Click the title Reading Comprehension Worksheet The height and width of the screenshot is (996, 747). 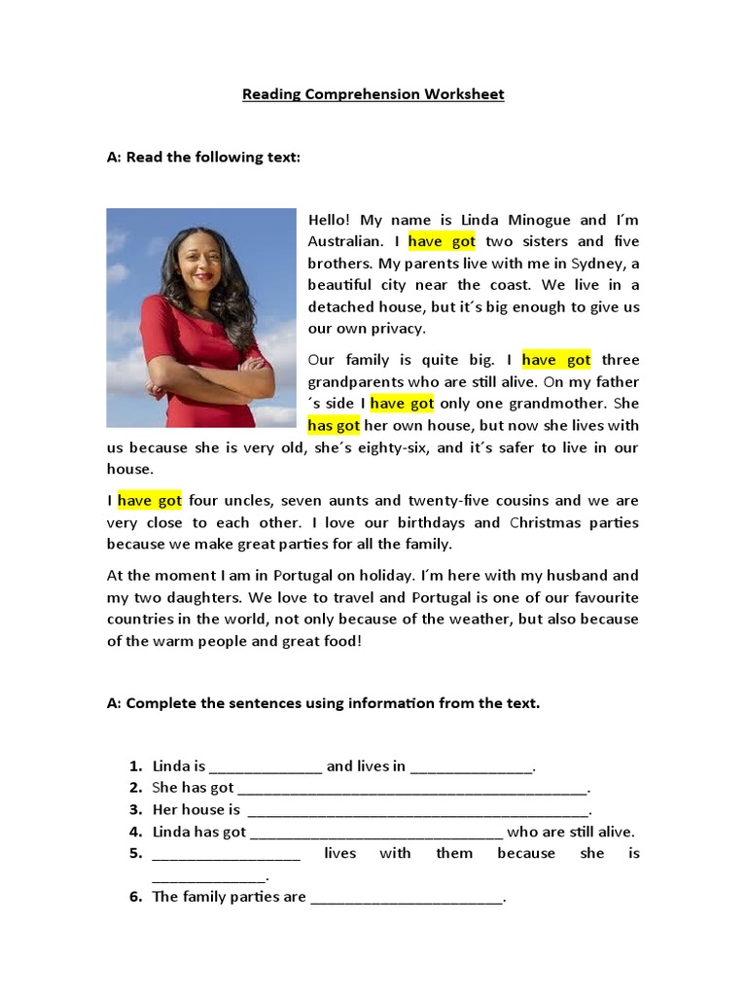pyautogui.click(x=373, y=94)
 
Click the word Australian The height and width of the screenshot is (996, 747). pyautogui.click(x=345, y=241)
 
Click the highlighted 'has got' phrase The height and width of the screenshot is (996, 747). pyautogui.click(x=334, y=425)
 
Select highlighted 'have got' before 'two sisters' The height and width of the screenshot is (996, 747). pyautogui.click(x=442, y=241)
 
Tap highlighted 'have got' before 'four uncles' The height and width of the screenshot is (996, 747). pyautogui.click(x=150, y=501)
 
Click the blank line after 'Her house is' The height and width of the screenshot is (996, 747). pyautogui.click(x=418, y=810)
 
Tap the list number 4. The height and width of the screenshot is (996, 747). pyautogui.click(x=136, y=833)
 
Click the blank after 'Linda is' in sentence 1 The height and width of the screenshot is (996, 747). pyautogui.click(x=266, y=766)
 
